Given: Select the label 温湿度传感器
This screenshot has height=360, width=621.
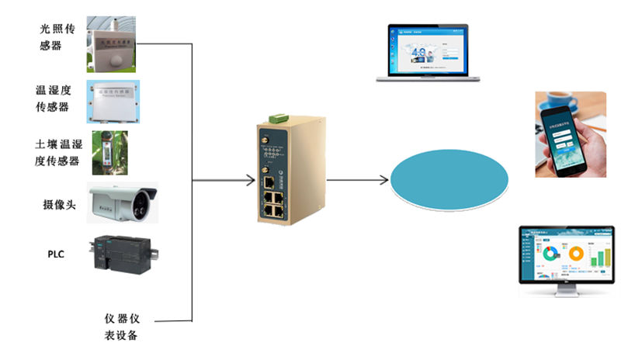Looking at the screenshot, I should click(x=57, y=99).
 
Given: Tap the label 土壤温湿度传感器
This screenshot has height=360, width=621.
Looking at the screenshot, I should click(x=57, y=153).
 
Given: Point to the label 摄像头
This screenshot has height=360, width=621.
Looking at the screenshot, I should click(x=59, y=204).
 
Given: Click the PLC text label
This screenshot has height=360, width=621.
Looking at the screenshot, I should click(x=57, y=254).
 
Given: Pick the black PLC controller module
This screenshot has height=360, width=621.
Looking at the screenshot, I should click(x=124, y=252).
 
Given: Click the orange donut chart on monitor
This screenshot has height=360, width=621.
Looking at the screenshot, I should click(x=576, y=254).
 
